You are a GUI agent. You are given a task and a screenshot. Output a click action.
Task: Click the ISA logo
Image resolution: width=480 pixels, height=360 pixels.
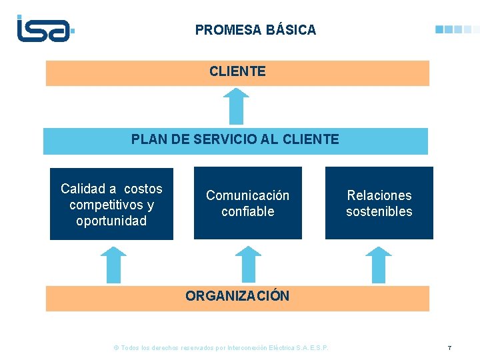point(44,29)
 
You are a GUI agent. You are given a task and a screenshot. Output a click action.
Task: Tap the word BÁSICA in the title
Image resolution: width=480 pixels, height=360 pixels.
point(291,30)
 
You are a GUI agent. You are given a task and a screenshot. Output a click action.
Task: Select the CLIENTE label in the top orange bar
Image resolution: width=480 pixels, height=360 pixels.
point(237,71)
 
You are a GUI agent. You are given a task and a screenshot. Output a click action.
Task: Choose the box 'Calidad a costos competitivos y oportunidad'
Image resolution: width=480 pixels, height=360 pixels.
point(111,203)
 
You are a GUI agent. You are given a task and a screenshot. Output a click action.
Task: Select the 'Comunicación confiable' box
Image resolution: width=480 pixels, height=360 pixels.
point(247,203)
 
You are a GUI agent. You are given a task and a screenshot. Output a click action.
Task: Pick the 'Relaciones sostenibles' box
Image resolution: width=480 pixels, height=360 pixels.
point(379,203)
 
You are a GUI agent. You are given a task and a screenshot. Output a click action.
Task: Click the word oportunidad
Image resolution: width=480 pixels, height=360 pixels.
point(111,221)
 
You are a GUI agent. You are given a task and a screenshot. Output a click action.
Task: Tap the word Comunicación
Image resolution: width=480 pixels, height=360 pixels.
point(247,195)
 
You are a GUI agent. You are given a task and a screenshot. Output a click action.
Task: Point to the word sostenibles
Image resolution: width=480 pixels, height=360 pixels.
point(379,211)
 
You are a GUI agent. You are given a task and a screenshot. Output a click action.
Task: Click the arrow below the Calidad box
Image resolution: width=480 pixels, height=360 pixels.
point(113,265)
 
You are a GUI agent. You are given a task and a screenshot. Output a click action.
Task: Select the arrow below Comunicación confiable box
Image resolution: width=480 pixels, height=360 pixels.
point(249,265)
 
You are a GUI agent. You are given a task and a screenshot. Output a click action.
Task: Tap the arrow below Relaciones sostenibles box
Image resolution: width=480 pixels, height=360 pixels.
point(379,265)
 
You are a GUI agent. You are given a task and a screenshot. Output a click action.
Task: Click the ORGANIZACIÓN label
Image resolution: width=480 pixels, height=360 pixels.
point(237,296)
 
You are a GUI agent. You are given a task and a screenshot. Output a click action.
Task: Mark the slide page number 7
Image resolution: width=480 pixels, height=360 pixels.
point(449,348)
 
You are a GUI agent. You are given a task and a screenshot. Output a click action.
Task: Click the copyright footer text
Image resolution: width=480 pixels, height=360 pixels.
point(222,348)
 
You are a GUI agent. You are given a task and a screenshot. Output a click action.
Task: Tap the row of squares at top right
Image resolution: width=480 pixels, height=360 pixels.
point(457,29)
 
